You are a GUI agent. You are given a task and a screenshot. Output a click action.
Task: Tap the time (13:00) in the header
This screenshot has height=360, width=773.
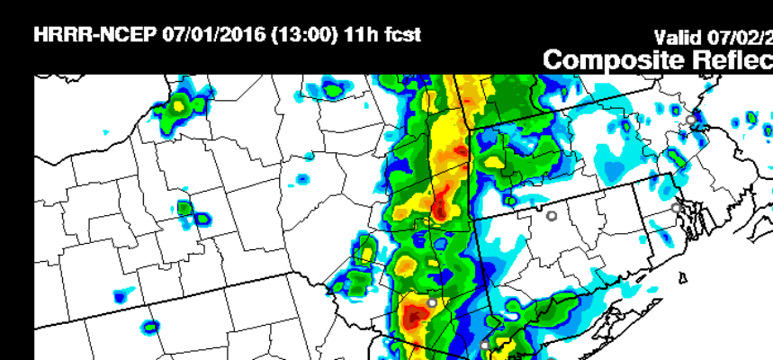tap(299, 36)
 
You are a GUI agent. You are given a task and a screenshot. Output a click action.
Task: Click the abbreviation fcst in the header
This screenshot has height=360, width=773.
tap(400, 36)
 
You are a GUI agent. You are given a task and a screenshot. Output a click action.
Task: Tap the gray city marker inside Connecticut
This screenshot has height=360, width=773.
tap(552, 216)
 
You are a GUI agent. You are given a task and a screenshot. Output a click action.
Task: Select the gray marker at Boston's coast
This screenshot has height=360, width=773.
tap(691, 119)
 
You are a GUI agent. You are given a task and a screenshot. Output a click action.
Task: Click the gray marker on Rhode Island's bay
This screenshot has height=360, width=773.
tap(677, 208)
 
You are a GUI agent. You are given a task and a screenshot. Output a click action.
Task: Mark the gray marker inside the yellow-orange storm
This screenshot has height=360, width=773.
tap(432, 303)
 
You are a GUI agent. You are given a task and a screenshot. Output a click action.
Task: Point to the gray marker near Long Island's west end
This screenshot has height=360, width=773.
tap(484, 345)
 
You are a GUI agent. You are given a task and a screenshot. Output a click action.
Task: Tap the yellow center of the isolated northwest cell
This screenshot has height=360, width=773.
tap(178, 105)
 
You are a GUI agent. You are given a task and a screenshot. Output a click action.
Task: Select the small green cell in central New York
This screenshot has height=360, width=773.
tap(185, 209)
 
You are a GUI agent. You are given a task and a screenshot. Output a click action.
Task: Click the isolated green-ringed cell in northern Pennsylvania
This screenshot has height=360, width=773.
tap(150, 326)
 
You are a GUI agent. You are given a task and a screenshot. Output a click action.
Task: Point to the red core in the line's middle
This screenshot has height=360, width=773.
tap(439, 210)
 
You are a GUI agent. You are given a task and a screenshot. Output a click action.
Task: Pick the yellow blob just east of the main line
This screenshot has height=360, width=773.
tap(495, 162)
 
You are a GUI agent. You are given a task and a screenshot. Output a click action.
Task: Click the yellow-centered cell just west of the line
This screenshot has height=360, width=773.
tap(365, 253)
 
